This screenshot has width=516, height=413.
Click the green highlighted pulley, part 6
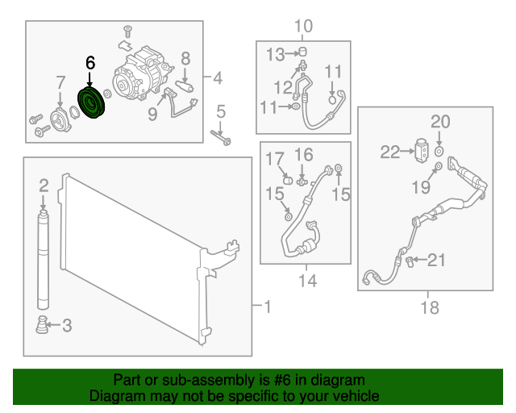pyautogui.click(x=91, y=102)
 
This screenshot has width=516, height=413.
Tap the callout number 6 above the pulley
pyautogui.click(x=90, y=63)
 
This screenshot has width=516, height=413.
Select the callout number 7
pyautogui.click(x=60, y=82)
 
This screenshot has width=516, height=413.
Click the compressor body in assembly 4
pyautogui.click(x=142, y=75)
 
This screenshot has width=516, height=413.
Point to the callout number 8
pyautogui.click(x=185, y=59)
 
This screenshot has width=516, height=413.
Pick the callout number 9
pyautogui.click(x=152, y=114)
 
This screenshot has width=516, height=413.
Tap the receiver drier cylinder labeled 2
pyautogui.click(x=43, y=261)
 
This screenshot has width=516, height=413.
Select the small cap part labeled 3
pyautogui.click(x=42, y=325)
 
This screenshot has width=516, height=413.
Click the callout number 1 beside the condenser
pyautogui.click(x=268, y=307)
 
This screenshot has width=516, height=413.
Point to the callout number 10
pyautogui.click(x=303, y=26)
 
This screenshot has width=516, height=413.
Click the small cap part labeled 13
pyautogui.click(x=303, y=52)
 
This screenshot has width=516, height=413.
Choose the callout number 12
pyautogui.click(x=283, y=88)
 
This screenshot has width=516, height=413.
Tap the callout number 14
pyautogui.click(x=307, y=281)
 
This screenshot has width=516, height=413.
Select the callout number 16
pyautogui.click(x=303, y=155)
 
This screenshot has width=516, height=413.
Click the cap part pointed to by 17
pyautogui.click(x=288, y=180)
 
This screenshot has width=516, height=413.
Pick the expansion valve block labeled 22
pyautogui.click(x=422, y=151)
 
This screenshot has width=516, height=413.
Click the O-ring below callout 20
pyautogui.click(x=439, y=152)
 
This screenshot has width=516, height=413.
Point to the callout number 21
pyautogui.click(x=436, y=260)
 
